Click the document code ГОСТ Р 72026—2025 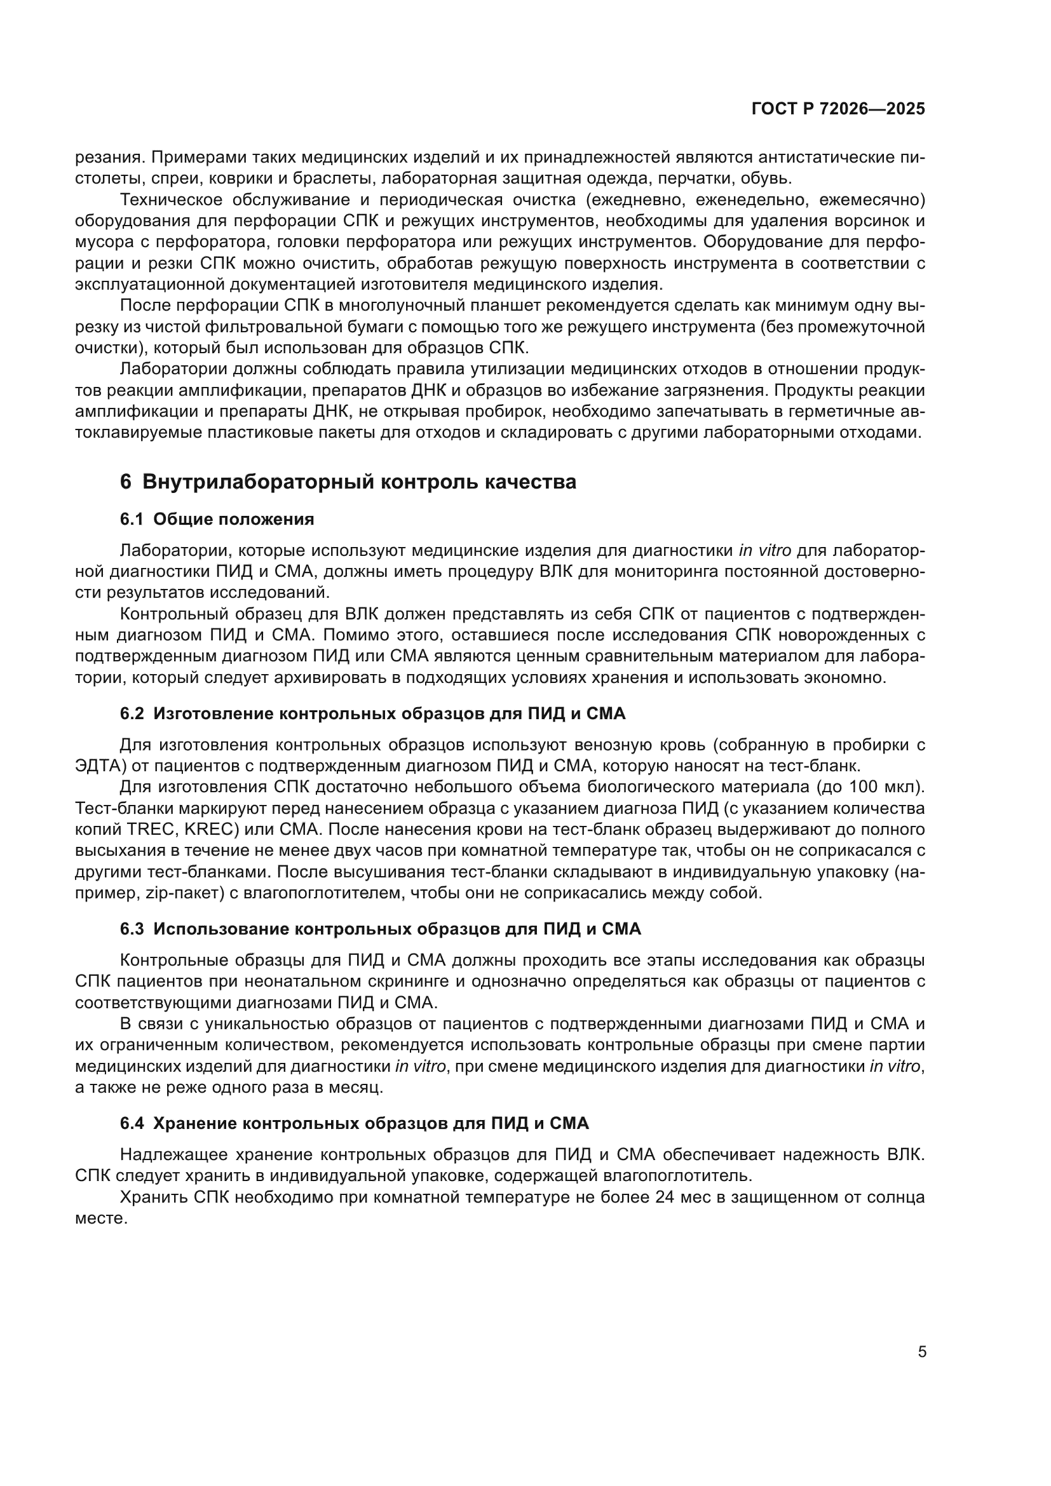[838, 109]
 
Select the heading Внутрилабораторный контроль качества [358, 482]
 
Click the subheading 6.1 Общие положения [217, 519]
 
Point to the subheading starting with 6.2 [373, 714]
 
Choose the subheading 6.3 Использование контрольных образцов [381, 929]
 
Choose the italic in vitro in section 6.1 [765, 551]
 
